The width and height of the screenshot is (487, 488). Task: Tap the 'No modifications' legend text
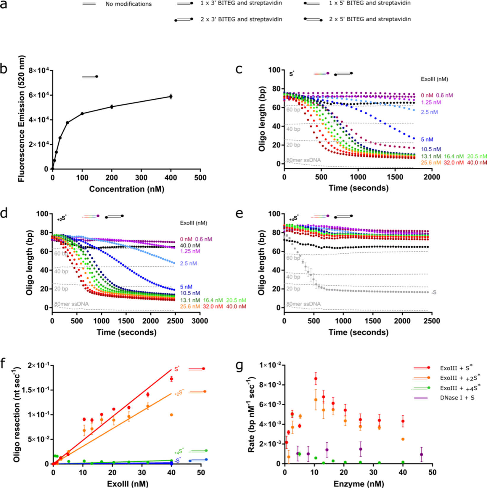[x=128, y=4]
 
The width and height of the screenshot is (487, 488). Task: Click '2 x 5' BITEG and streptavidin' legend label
[x=370, y=19]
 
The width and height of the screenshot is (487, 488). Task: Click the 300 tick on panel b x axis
[x=141, y=178]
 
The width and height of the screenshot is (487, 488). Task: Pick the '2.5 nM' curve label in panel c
[x=429, y=112]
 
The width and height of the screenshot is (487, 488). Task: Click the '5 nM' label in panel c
[x=427, y=139]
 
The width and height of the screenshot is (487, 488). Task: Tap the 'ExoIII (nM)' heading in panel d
[x=193, y=223]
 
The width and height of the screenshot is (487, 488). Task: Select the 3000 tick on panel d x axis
[x=200, y=321]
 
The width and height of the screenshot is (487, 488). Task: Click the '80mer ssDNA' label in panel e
[x=303, y=304]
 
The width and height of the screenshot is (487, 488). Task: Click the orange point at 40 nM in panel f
[x=171, y=415]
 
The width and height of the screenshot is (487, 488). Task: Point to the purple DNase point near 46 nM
[x=421, y=454]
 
